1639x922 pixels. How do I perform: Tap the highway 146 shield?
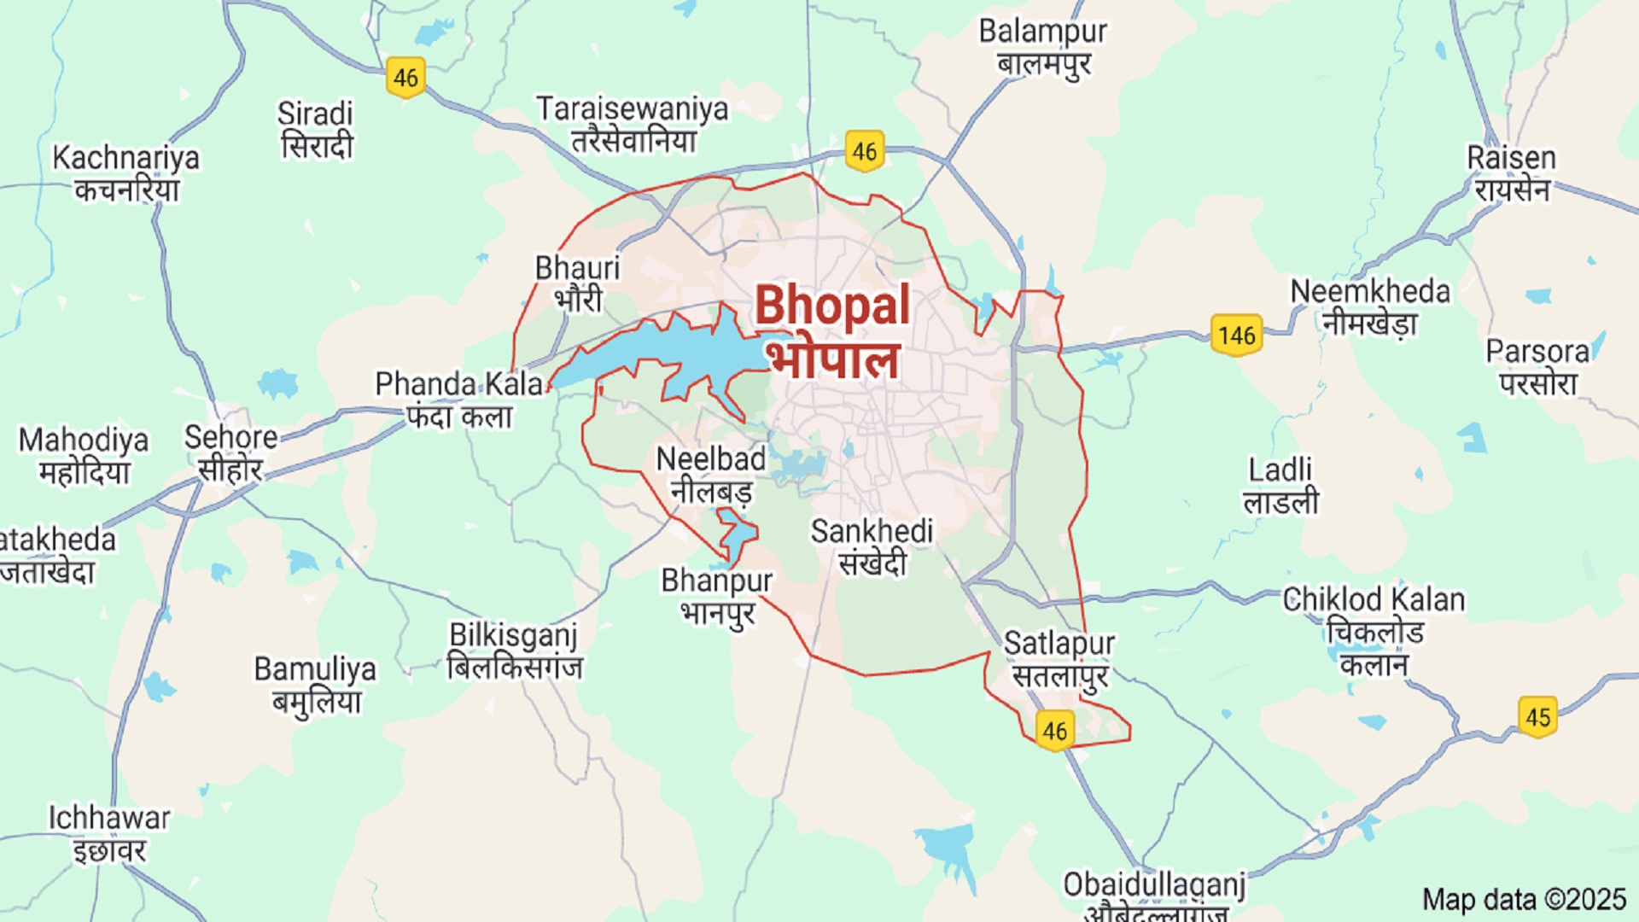click(1236, 335)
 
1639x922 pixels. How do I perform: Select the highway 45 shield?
click(1537, 716)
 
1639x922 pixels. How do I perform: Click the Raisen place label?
click(1511, 173)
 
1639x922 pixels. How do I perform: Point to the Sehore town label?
click(230, 452)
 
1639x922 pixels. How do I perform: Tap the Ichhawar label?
click(109, 833)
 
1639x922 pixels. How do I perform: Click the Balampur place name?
click(1043, 46)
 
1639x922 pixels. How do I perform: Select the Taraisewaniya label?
click(633, 124)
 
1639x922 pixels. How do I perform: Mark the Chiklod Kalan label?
click(1374, 630)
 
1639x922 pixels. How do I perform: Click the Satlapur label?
click(1059, 658)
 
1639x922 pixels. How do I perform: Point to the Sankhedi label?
click(872, 546)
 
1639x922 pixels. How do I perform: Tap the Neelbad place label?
click(710, 474)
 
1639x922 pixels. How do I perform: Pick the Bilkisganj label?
click(514, 651)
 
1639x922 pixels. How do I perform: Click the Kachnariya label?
click(125, 173)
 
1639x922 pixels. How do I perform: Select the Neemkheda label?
click(1369, 306)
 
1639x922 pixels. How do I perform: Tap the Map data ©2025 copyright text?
click(1524, 899)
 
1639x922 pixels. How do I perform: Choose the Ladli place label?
click(1280, 485)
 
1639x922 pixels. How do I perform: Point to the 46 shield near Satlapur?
click(1055, 731)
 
